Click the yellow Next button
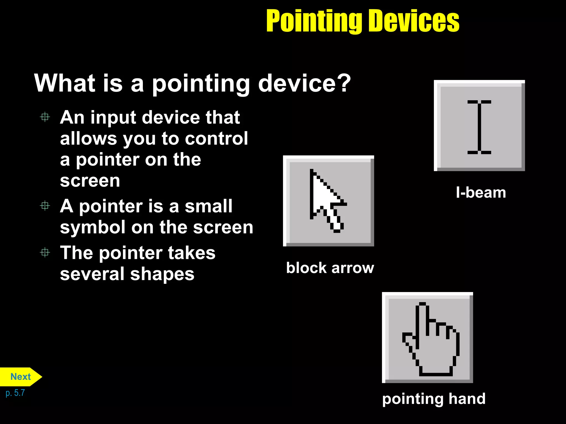coord(20,377)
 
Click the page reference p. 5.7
coord(15,393)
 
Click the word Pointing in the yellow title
coord(314,21)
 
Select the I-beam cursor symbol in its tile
coord(479,127)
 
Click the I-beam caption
coord(481,192)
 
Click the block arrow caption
coord(330,268)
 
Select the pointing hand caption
coord(434,399)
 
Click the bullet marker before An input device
coord(45,117)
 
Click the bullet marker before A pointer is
coord(45,206)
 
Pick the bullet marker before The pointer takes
coord(45,252)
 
